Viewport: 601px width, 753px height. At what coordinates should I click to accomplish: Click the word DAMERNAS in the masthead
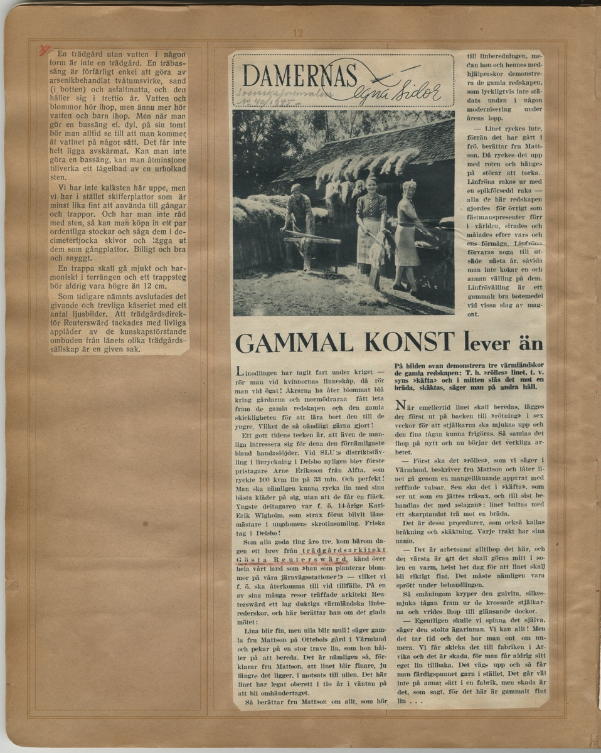(300, 76)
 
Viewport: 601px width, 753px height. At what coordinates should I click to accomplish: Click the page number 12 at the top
(297, 33)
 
